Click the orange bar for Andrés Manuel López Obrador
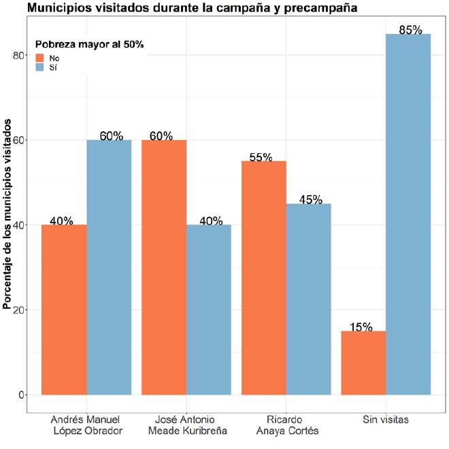[x=64, y=310]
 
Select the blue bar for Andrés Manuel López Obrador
[x=109, y=267]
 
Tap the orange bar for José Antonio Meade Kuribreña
[x=164, y=267]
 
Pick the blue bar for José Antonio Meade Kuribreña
[x=209, y=310]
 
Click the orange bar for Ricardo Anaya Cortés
[x=263, y=278]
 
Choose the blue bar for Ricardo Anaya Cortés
[x=308, y=299]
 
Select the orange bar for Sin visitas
[x=363, y=363]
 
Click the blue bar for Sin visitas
[x=408, y=214]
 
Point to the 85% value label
[x=411, y=30]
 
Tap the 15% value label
[x=361, y=327]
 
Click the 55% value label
[x=261, y=157]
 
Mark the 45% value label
[x=310, y=200]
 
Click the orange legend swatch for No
[x=40, y=58]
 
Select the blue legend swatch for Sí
[x=40, y=68]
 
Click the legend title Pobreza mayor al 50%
[x=90, y=44]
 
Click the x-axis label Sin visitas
[x=386, y=420]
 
